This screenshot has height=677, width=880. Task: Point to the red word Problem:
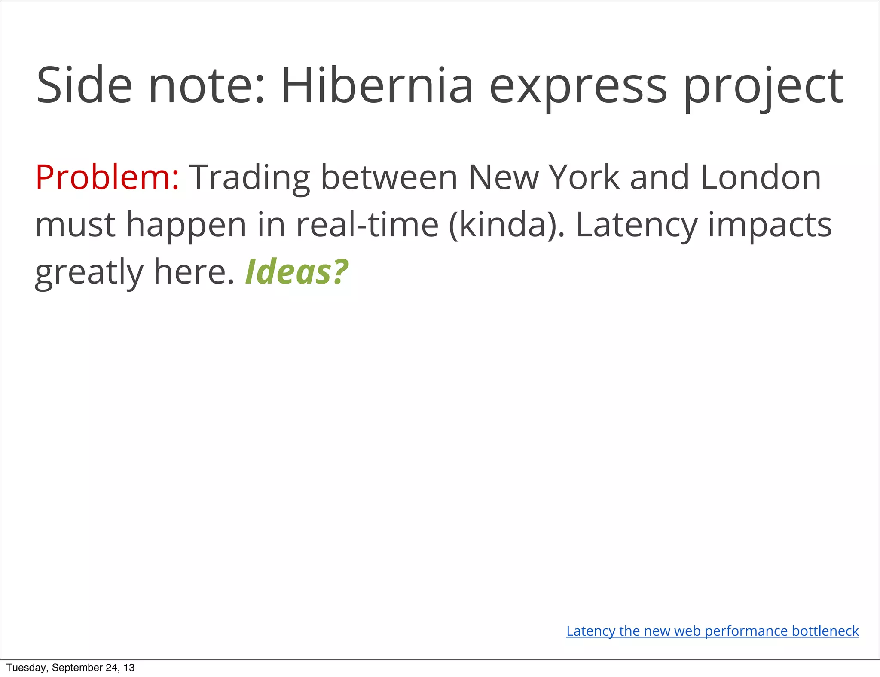click(107, 177)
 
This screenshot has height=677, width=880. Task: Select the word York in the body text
click(585, 177)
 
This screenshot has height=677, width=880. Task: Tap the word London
click(761, 177)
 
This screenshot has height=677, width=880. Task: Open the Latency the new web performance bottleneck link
click(712, 631)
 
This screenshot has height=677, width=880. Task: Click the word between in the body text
click(389, 177)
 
